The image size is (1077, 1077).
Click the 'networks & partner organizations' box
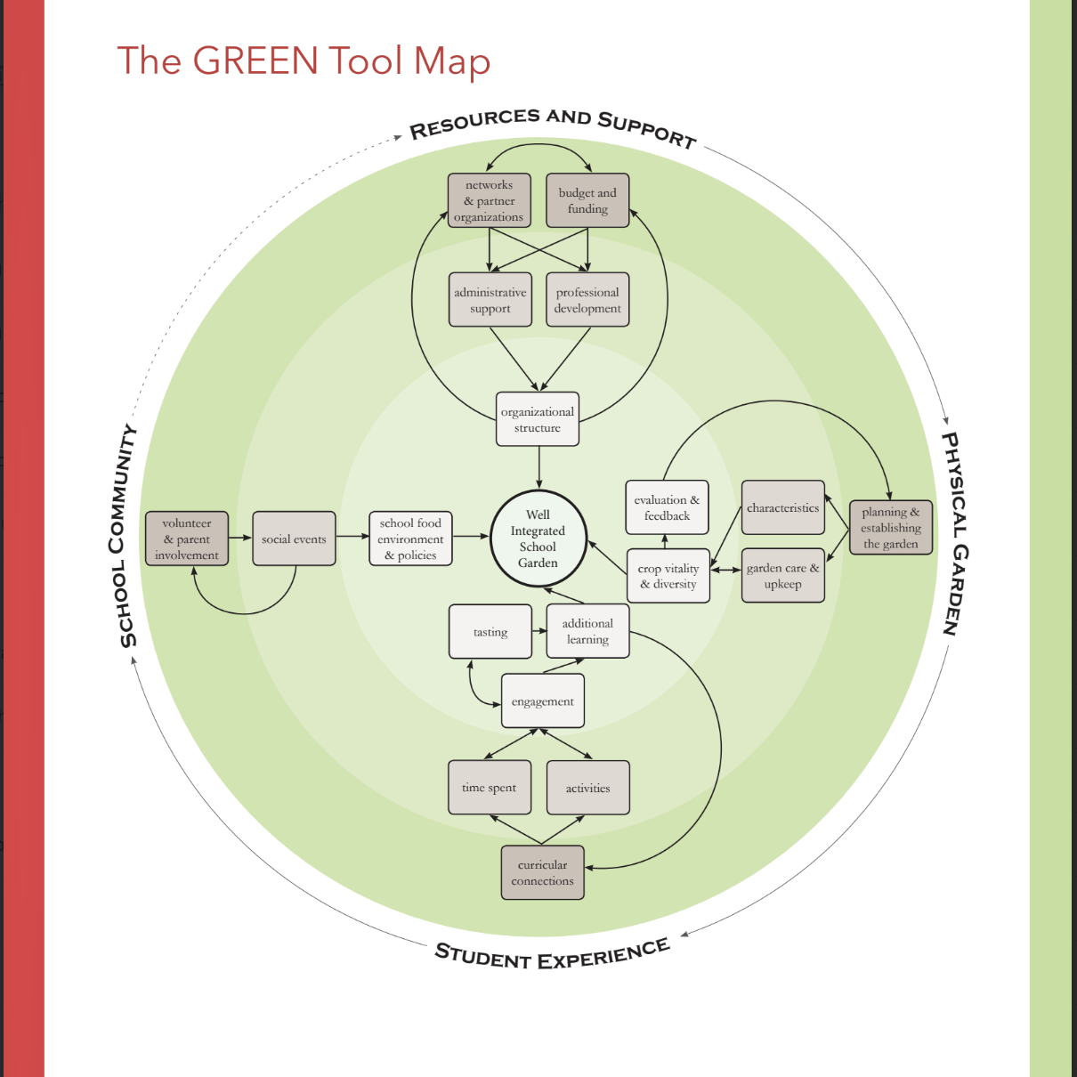pyautogui.click(x=489, y=200)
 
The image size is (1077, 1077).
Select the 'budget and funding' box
pyautogui.click(x=587, y=200)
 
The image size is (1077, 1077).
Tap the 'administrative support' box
pyautogui.click(x=490, y=300)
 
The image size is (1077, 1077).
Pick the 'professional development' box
pyautogui.click(x=587, y=300)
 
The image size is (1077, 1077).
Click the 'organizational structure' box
pyautogui.click(x=538, y=419)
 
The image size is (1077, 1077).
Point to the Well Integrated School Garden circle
pyautogui.click(x=538, y=538)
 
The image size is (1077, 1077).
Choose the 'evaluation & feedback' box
pyautogui.click(x=668, y=507)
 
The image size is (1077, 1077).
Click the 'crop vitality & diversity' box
pyautogui.click(x=668, y=576)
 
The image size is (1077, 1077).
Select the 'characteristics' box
pyautogui.click(x=783, y=507)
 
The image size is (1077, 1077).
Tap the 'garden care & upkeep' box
pyautogui.click(x=783, y=576)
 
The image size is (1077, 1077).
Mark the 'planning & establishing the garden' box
pyautogui.click(x=891, y=527)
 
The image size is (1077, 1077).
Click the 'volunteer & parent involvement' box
pyautogui.click(x=187, y=538)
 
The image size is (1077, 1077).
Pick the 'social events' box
pyautogui.click(x=294, y=538)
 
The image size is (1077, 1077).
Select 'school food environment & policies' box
pyautogui.click(x=410, y=538)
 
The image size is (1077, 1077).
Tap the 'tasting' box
pyautogui.click(x=490, y=632)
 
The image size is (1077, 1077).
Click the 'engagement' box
pyautogui.click(x=543, y=701)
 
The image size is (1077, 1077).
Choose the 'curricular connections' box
pyautogui.click(x=543, y=872)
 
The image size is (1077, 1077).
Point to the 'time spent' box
pyautogui.click(x=490, y=788)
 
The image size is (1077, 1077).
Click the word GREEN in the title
pyautogui.click(x=255, y=61)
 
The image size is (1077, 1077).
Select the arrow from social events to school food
pyautogui.click(x=352, y=536)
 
